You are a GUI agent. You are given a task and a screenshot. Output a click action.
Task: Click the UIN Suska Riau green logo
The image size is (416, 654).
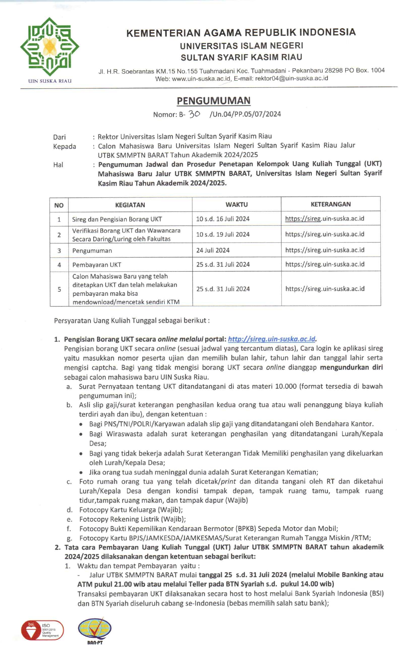click(x=50, y=47)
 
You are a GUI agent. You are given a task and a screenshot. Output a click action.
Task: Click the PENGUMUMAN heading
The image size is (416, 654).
click(x=214, y=101)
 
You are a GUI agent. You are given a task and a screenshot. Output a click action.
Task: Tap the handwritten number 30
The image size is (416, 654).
click(x=194, y=114)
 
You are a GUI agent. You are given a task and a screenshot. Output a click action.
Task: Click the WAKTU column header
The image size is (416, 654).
click(x=237, y=205)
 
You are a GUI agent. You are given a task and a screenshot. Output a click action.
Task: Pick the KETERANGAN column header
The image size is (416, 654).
click(x=330, y=204)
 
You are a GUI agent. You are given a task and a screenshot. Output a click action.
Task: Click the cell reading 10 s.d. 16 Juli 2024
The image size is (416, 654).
click(x=223, y=219)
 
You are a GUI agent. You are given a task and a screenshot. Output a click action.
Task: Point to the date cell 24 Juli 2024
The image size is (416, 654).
click(x=213, y=250)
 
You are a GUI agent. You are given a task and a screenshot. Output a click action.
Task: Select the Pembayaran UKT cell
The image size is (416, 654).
click(x=97, y=265)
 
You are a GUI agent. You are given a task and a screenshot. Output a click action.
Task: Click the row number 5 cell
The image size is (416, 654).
click(x=59, y=289)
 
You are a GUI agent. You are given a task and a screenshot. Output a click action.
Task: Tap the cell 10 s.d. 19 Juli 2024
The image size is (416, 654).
click(x=223, y=234)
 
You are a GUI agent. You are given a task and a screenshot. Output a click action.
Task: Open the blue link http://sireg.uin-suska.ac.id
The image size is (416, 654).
click(x=271, y=339)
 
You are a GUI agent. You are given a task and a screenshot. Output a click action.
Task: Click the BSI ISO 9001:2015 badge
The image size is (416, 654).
click(x=42, y=630)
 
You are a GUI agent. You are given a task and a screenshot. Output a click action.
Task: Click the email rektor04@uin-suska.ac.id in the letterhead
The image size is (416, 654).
click(x=291, y=79)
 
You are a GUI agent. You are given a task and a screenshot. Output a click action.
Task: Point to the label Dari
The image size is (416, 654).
click(x=59, y=137)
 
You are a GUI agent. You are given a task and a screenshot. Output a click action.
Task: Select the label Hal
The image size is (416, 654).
click(x=58, y=165)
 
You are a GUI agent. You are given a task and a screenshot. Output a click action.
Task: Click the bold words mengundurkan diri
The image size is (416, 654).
click(x=351, y=367)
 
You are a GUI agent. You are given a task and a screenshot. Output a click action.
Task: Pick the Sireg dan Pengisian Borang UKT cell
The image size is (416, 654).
click(x=117, y=220)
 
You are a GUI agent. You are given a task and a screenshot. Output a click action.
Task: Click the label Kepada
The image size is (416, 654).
click(x=64, y=146)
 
